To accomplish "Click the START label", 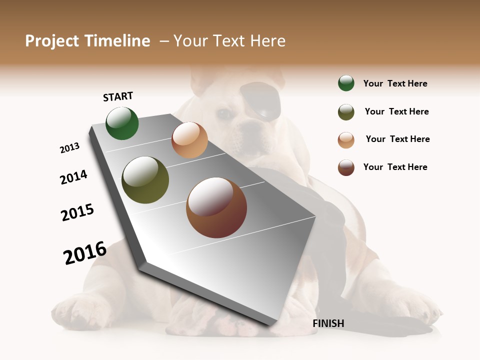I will [118, 96].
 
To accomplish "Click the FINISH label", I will [328, 323].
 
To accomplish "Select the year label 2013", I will [69, 148].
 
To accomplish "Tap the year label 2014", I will [73, 177].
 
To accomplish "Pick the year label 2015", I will [77, 212].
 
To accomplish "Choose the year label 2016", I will [85, 252].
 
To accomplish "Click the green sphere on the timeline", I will [122, 123].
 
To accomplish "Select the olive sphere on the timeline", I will [145, 180].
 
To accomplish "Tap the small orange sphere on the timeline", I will [189, 140].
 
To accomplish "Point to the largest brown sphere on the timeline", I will [216, 207].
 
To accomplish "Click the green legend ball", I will [346, 83].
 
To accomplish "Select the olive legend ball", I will [346, 112].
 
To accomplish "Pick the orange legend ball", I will [346, 140].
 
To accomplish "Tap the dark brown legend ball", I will [346, 167].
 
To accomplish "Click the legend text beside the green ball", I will [395, 83].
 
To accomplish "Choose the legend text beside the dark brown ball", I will [395, 167].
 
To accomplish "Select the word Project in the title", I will [52, 41].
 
